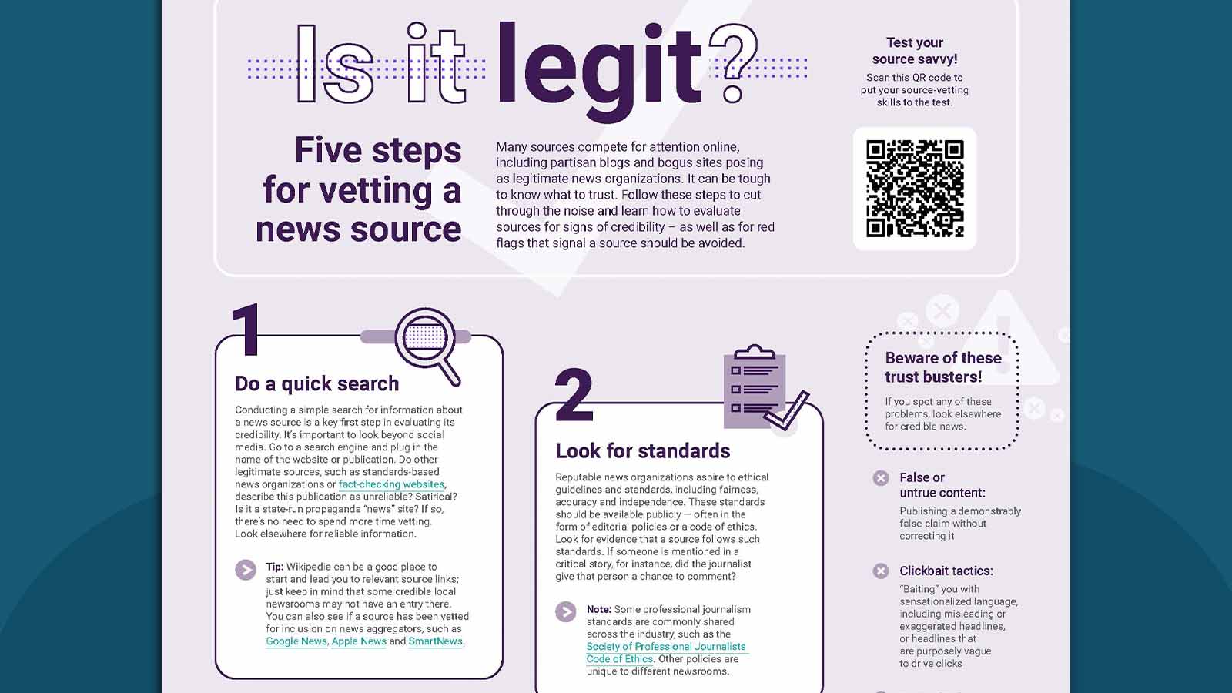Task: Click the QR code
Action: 915,189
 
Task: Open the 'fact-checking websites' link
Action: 391,484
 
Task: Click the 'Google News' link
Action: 296,641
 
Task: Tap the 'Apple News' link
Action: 359,641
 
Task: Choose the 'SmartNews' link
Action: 435,641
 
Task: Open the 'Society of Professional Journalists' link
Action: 666,647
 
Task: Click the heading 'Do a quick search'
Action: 316,383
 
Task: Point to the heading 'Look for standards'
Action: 642,450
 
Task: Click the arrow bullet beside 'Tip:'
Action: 246,571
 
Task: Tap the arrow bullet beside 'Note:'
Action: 565,612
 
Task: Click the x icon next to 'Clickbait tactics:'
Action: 881,571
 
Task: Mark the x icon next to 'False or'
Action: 881,478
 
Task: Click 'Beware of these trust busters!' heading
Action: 942,367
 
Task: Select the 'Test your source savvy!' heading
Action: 915,51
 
